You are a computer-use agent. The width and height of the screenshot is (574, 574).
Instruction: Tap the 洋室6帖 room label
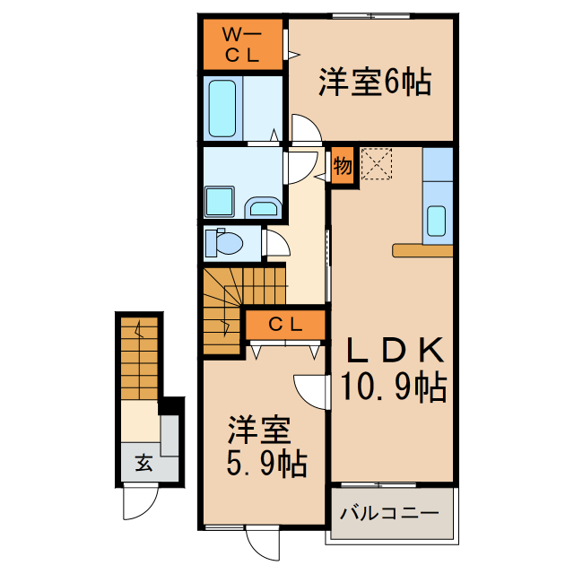click(x=374, y=83)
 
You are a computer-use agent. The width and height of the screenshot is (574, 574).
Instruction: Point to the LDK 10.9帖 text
click(x=393, y=368)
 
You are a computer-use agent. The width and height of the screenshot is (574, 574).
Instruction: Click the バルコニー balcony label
click(x=389, y=515)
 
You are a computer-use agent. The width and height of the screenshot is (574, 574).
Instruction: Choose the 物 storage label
click(x=343, y=165)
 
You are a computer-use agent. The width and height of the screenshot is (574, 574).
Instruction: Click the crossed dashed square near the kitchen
click(x=378, y=164)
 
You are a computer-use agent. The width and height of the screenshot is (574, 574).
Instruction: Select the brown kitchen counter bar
click(x=422, y=250)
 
